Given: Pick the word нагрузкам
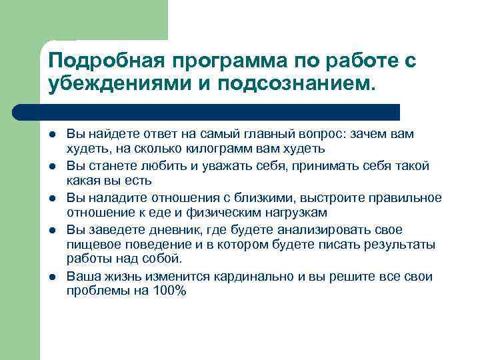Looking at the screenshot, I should tap(293, 212).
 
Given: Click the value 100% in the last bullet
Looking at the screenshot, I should tap(170, 291).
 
